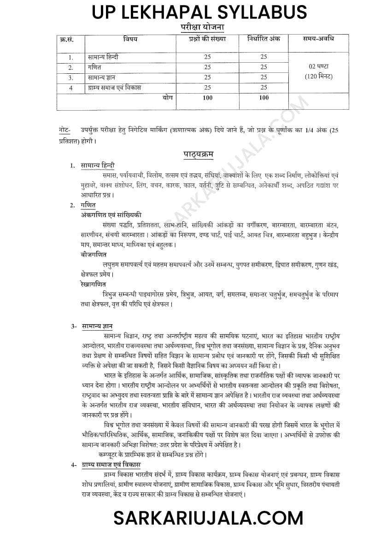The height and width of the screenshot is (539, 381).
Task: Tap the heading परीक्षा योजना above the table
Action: [202, 28]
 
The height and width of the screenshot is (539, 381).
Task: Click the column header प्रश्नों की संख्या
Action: [207, 39]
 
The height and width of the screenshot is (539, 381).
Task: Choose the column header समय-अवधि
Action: [319, 39]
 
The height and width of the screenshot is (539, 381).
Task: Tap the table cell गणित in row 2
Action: [94, 67]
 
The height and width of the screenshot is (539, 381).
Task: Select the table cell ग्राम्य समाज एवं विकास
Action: [115, 87]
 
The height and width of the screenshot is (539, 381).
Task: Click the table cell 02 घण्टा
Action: [319, 66]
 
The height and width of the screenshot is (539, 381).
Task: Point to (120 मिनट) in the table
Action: [319, 77]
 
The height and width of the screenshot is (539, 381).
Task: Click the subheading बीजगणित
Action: [94, 254]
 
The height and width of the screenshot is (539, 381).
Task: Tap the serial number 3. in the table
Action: [71, 77]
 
